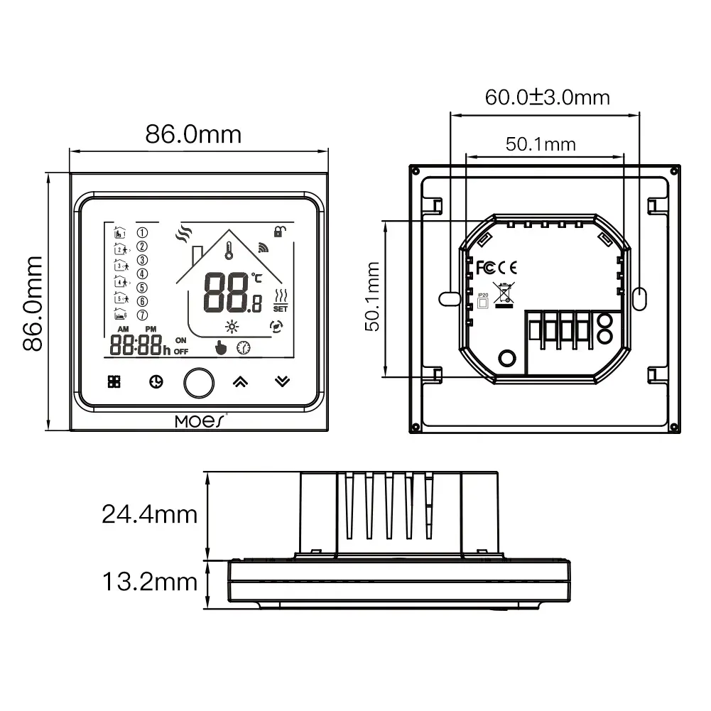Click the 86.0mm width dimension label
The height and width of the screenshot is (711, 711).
point(193,134)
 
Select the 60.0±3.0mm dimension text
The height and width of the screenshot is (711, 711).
point(547,97)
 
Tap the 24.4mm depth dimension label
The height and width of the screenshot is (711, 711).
point(148,514)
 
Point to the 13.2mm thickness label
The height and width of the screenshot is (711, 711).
point(148,582)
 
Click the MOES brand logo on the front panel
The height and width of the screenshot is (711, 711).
point(200,421)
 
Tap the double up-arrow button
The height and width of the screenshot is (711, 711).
point(241,381)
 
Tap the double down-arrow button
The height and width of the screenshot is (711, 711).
point(282,381)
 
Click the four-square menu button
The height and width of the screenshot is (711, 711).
point(114,381)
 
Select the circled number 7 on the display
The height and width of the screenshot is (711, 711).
point(142,315)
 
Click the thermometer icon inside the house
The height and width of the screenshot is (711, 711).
point(230,250)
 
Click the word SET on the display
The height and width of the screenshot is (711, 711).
point(280,309)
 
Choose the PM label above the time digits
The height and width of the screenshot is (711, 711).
point(151,330)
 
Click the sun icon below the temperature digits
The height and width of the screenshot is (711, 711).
point(230,327)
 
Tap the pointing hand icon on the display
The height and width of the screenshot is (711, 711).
point(221,347)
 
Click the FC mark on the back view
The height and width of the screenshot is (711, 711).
point(484,267)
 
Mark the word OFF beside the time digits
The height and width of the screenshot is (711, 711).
point(181,352)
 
